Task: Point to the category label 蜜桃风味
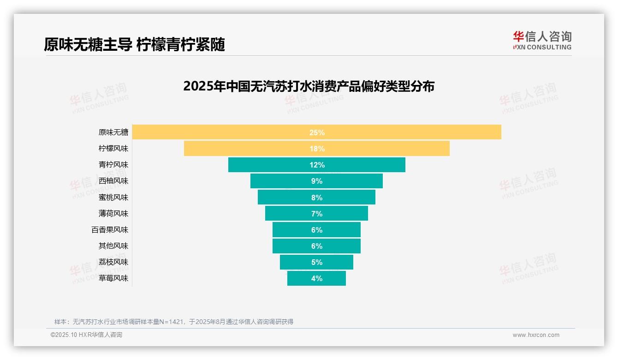pyautogui.click(x=113, y=198)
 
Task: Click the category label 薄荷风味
pyautogui.click(x=113, y=214)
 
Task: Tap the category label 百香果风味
pyautogui.click(x=110, y=230)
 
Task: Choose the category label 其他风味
pyautogui.click(x=113, y=246)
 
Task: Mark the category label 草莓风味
pyautogui.click(x=113, y=278)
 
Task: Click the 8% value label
pyautogui.click(x=317, y=198)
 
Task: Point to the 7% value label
pyautogui.click(x=317, y=214)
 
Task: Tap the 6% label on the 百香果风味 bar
pyautogui.click(x=317, y=230)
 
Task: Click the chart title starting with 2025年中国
pyautogui.click(x=309, y=86)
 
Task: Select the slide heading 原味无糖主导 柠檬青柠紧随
pyautogui.click(x=134, y=45)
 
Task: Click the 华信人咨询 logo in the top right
pyautogui.click(x=542, y=40)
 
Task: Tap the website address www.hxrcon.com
pyautogui.click(x=536, y=335)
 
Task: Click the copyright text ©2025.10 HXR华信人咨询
pyautogui.click(x=86, y=335)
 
